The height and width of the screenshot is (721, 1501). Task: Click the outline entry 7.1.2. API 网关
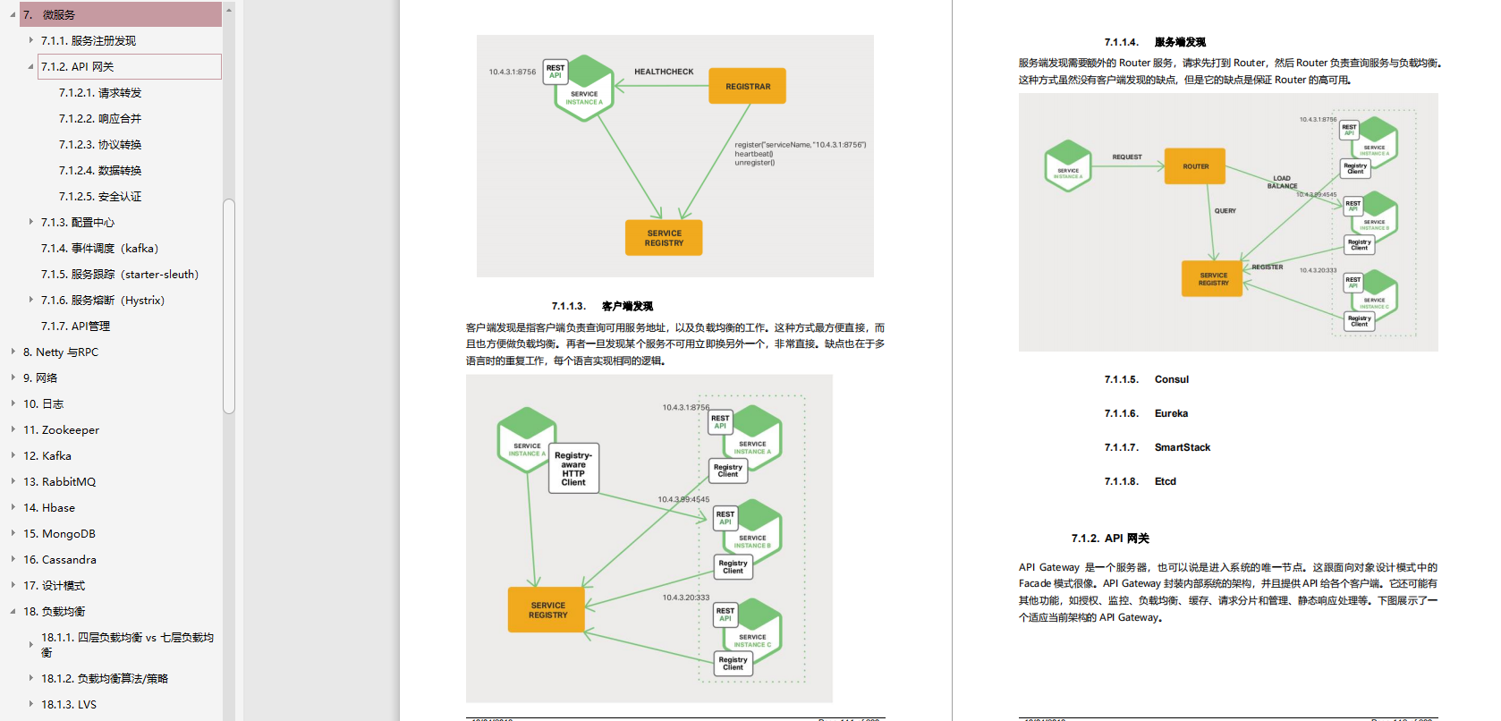78,67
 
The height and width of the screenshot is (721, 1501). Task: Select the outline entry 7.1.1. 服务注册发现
89,41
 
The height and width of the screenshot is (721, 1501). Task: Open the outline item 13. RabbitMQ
59,482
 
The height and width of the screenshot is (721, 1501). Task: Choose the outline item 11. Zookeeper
61,430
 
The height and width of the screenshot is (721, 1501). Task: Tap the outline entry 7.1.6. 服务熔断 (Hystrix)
103,301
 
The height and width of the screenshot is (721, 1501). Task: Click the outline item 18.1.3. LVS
69,705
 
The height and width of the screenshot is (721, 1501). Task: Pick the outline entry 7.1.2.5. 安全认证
100,197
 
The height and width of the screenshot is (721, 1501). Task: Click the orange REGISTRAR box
748,87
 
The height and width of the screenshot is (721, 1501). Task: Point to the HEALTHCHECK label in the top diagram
664,72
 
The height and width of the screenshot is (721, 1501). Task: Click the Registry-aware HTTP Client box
573,469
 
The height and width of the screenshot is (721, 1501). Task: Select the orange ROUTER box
1195,166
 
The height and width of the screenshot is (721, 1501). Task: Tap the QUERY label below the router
1225,211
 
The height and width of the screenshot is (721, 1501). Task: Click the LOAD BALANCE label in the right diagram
1282,182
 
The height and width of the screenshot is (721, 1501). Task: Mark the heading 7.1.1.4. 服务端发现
1155,42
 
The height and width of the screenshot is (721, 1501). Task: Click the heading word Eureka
1171,413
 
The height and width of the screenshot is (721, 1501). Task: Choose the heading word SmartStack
1182,447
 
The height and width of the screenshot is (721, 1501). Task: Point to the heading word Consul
1171,379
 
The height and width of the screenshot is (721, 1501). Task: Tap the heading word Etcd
1165,481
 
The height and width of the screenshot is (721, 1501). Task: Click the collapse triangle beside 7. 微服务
13,15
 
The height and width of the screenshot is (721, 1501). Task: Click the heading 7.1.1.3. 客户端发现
602,306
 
